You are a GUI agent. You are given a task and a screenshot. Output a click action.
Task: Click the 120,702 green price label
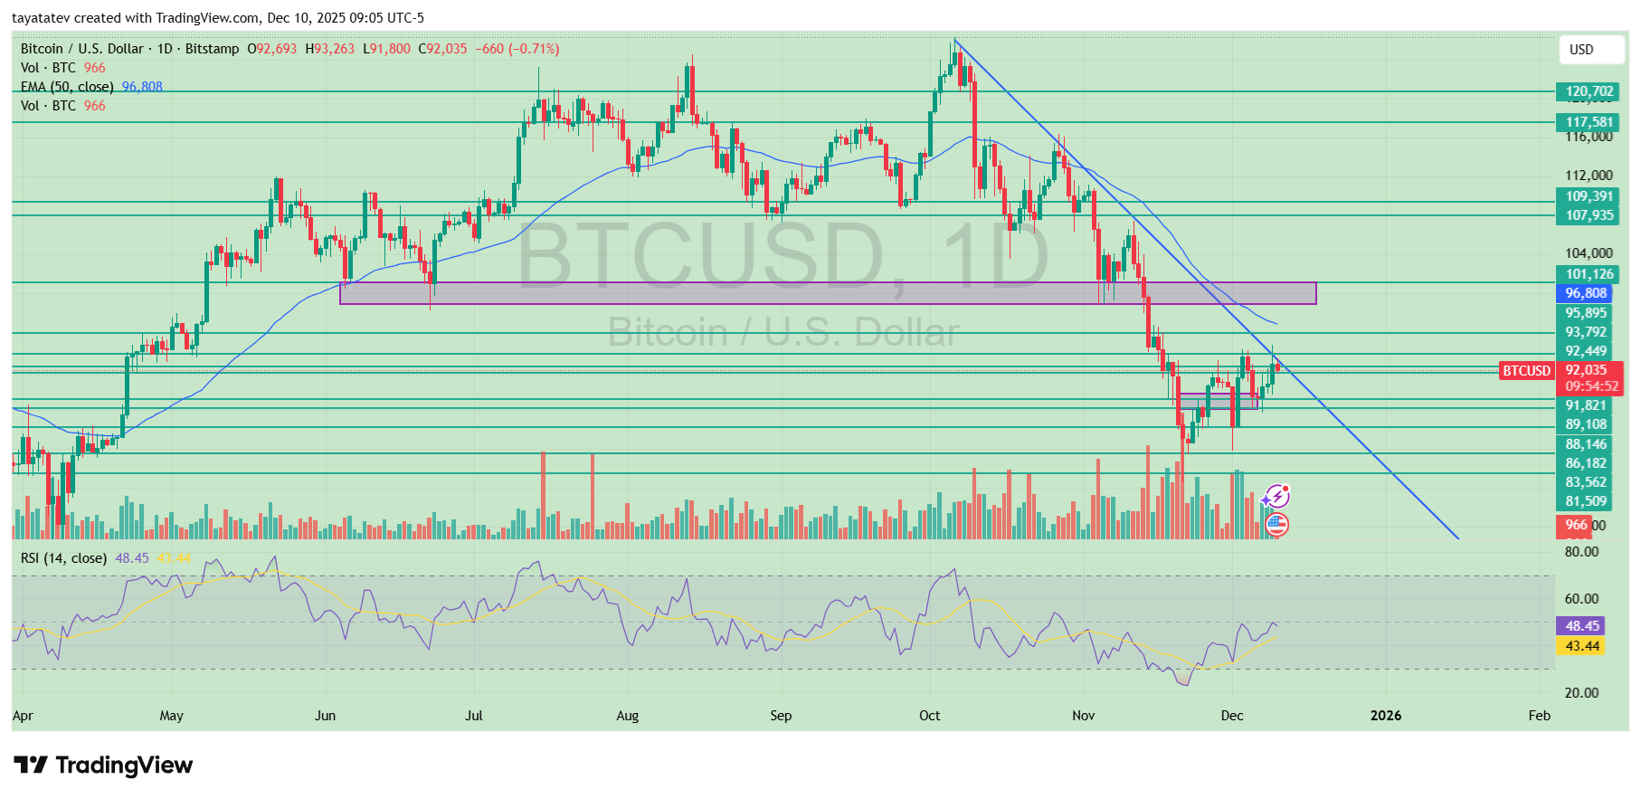click(x=1589, y=91)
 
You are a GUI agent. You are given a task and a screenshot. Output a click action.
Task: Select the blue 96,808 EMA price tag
click(x=1585, y=293)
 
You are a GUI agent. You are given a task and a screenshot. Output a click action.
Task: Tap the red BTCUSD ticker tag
click(x=1526, y=371)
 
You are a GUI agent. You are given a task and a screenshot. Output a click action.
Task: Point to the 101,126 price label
click(x=1589, y=274)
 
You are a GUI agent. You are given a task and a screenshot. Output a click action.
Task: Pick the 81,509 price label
click(x=1586, y=501)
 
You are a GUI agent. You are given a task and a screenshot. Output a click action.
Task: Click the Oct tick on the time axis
click(x=929, y=716)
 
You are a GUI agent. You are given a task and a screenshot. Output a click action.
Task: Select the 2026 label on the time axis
click(x=1385, y=716)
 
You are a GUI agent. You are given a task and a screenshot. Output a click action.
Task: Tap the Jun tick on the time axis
click(x=325, y=716)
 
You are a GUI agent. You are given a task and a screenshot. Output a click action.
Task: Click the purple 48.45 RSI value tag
click(x=1581, y=626)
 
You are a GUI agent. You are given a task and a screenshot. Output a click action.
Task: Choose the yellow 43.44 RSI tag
click(x=1581, y=646)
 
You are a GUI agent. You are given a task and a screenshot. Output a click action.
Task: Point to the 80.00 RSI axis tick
click(x=1581, y=552)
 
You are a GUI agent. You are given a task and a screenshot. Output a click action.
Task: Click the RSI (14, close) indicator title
click(x=63, y=558)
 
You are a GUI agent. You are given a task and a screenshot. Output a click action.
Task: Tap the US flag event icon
click(x=1276, y=523)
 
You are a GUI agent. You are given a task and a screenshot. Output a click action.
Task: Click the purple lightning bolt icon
click(x=1276, y=496)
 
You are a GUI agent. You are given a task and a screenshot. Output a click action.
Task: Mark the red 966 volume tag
click(x=1575, y=525)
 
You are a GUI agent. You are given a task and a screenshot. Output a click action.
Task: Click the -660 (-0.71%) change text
click(x=517, y=49)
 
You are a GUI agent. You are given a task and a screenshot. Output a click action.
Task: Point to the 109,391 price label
click(x=1589, y=196)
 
